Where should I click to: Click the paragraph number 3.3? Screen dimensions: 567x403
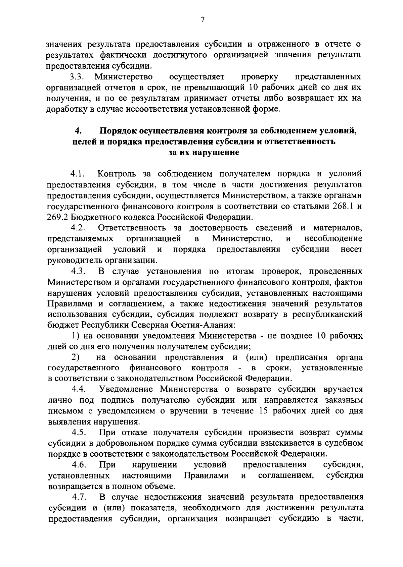(x=77, y=77)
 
